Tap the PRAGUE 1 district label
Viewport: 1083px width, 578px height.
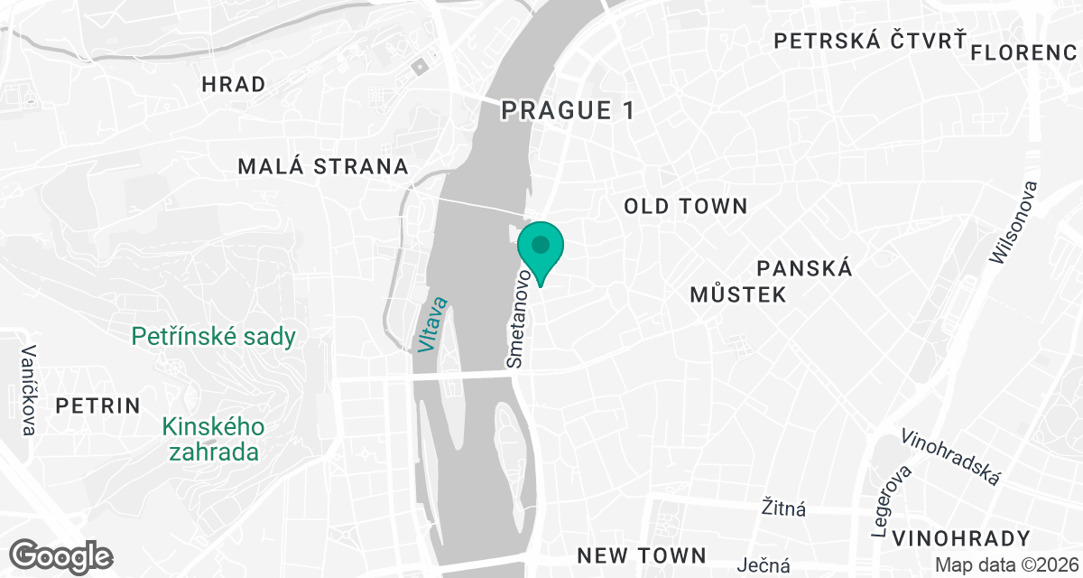pyautogui.click(x=568, y=111)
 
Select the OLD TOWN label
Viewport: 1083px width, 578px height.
pyautogui.click(x=686, y=207)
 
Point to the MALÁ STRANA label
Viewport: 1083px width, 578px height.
pyautogui.click(x=323, y=167)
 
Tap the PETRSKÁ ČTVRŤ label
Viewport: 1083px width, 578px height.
pyautogui.click(x=870, y=41)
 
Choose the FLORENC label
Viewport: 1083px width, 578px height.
pyautogui.click(x=1024, y=52)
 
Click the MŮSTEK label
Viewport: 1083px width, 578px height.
pyautogui.click(x=737, y=294)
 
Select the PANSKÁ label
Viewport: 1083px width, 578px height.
pyautogui.click(x=805, y=268)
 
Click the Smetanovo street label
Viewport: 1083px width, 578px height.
pyautogui.click(x=519, y=315)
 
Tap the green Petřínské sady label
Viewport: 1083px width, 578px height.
pyautogui.click(x=213, y=338)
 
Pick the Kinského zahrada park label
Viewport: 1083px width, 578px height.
pyautogui.click(x=213, y=438)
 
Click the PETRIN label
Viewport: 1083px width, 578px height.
pyautogui.click(x=97, y=406)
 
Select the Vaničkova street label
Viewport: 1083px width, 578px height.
pyautogui.click(x=29, y=390)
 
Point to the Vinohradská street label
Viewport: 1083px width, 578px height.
pyautogui.click(x=950, y=456)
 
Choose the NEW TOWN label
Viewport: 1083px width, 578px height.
pyautogui.click(x=641, y=555)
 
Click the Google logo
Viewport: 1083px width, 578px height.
pyautogui.click(x=62, y=555)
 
